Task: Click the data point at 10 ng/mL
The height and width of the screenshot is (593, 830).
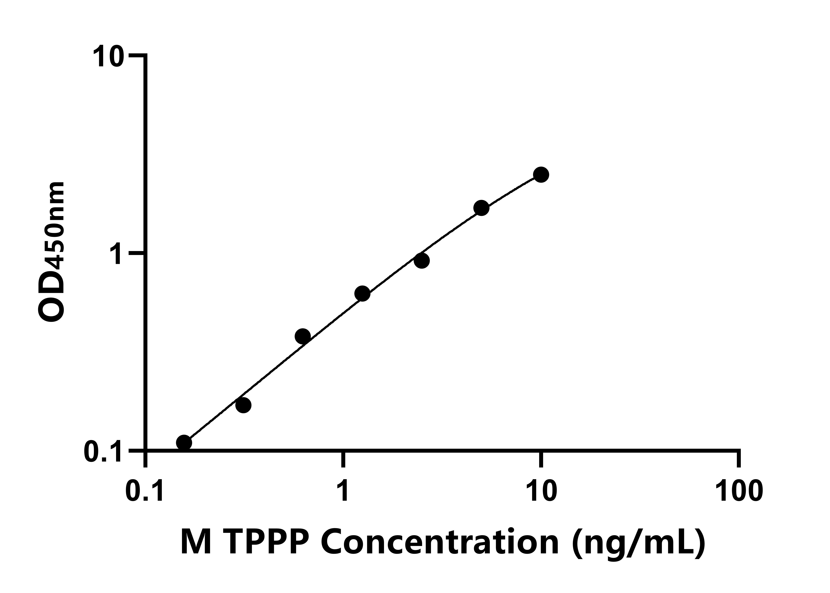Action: pyautogui.click(x=541, y=175)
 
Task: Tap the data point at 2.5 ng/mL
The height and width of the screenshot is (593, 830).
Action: pyautogui.click(x=422, y=261)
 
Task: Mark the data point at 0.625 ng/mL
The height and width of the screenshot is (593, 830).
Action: pyautogui.click(x=303, y=336)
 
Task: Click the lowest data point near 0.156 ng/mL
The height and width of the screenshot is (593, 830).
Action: pyautogui.click(x=184, y=443)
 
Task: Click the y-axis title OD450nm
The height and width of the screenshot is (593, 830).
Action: pyautogui.click(x=52, y=252)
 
